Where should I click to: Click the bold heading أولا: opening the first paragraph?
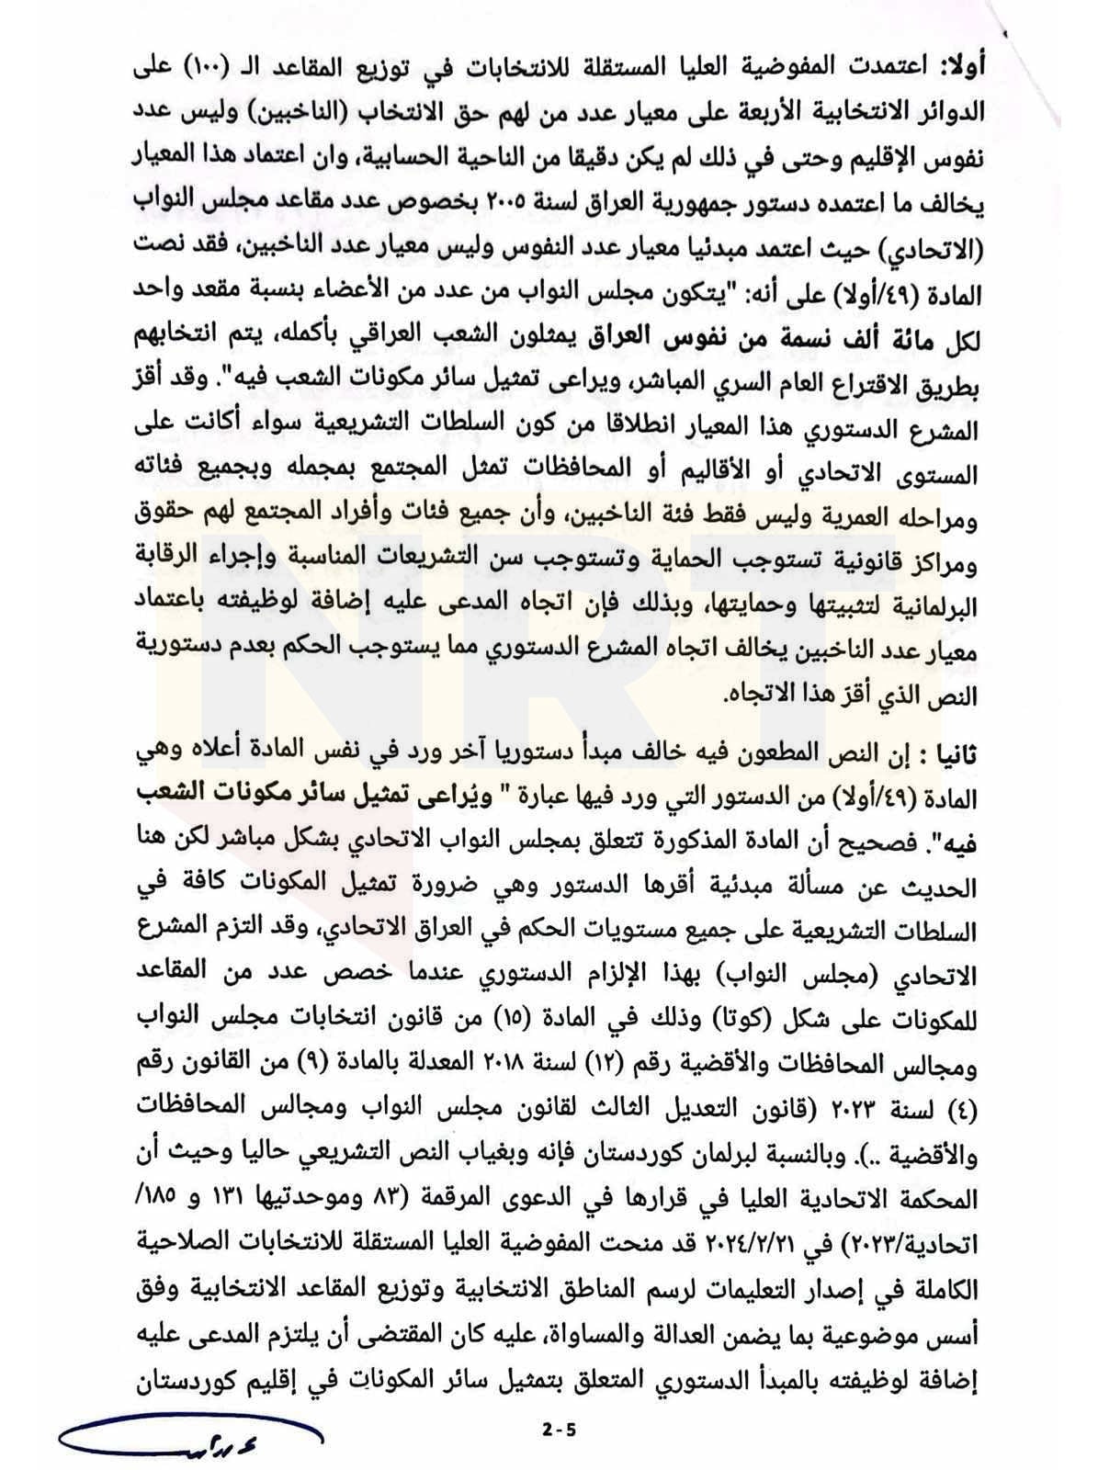(x=958, y=66)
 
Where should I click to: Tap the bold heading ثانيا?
(x=954, y=755)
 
